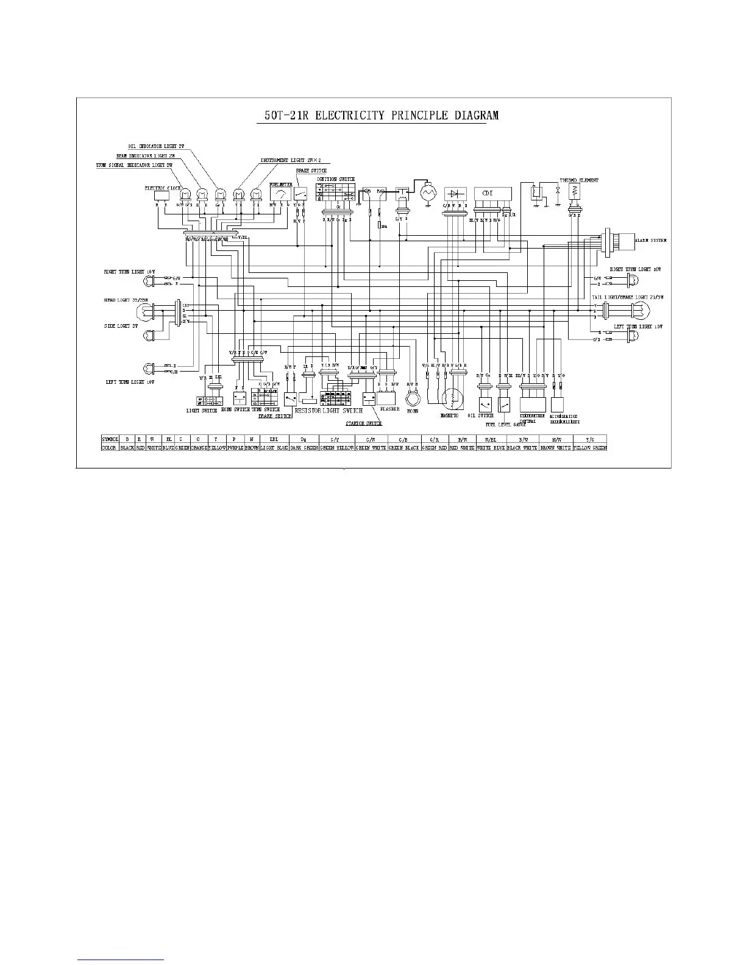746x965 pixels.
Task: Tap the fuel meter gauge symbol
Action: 280,194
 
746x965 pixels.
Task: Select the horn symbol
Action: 413,398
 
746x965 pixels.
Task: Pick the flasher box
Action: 387,398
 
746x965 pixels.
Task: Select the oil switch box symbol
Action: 485,405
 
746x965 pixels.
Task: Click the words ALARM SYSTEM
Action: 650,241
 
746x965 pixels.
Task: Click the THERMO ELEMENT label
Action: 579,180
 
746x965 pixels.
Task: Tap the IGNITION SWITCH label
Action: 336,179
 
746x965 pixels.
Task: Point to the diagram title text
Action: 377,115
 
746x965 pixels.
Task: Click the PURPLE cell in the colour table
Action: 235,448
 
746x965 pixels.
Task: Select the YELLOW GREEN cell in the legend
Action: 590,448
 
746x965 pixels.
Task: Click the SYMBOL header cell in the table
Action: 110,439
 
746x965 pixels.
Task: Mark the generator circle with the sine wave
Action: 430,193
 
